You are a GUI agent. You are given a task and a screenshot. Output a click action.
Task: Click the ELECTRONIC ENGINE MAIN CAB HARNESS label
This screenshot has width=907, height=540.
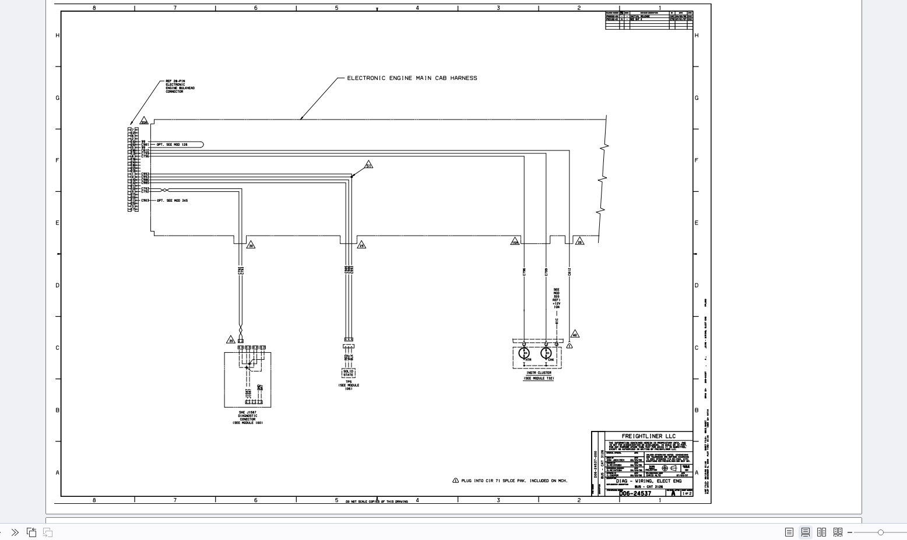[x=412, y=78]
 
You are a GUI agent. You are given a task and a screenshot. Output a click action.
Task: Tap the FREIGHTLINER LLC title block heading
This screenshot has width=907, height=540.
[x=648, y=436]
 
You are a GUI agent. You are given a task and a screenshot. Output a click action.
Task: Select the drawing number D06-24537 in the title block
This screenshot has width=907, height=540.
[x=635, y=493]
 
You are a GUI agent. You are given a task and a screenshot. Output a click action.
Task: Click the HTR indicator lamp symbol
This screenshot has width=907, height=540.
[x=524, y=353]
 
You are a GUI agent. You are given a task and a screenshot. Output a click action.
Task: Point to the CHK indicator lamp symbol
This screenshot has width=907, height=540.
[x=546, y=353]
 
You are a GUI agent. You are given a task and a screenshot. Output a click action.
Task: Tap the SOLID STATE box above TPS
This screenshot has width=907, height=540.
[x=348, y=373]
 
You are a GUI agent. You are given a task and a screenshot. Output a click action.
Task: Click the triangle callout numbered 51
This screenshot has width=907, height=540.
[x=368, y=165]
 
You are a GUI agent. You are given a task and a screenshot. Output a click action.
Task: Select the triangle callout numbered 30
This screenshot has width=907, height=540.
[x=251, y=245]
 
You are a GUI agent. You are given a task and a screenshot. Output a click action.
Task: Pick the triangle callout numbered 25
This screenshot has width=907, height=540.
[x=361, y=245]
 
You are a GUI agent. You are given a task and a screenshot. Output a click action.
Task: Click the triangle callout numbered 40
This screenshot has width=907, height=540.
[x=575, y=334]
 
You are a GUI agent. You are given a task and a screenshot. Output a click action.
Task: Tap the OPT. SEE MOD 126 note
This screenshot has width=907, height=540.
[x=173, y=145]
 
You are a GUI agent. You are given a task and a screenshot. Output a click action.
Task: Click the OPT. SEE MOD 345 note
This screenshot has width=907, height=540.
[x=173, y=201]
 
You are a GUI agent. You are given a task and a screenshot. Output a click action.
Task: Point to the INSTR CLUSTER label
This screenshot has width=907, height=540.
[x=539, y=373]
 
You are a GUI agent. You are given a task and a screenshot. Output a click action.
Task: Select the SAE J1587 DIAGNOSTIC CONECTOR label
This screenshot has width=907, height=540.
[x=248, y=418]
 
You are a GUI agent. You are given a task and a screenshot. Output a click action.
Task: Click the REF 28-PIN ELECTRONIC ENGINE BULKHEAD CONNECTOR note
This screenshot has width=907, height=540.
[x=180, y=86]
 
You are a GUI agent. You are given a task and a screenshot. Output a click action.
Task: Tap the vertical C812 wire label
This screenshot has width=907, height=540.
[x=569, y=271]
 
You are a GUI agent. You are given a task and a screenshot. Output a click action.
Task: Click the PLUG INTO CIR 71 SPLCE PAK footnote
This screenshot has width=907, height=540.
[x=514, y=481]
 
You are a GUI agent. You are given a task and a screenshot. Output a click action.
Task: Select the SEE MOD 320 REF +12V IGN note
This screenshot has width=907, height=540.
[x=557, y=298]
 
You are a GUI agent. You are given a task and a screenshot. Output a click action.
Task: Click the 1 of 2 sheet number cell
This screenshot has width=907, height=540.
[x=687, y=493]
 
